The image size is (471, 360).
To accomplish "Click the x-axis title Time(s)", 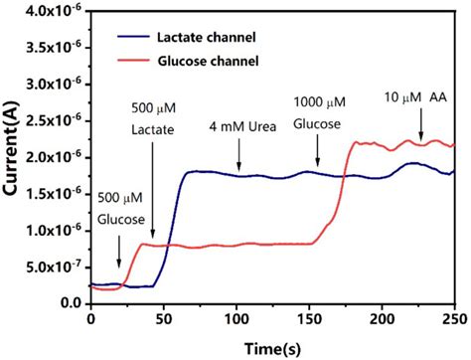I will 270,345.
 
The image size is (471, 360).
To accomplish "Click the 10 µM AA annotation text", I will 415,98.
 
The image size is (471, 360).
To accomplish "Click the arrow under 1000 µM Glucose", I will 317,149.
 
